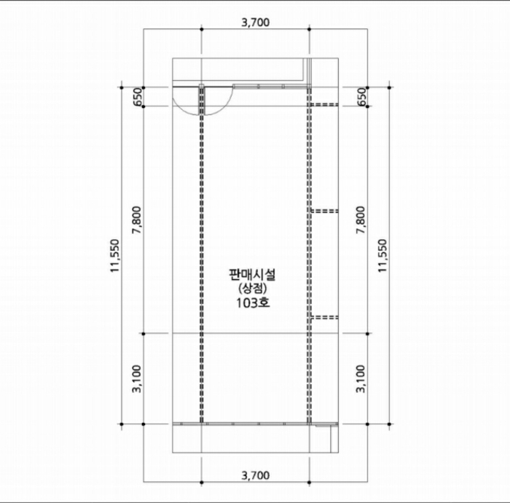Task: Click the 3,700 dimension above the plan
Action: [x=255, y=23]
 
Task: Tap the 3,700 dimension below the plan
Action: [x=255, y=476]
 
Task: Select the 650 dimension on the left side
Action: [x=138, y=97]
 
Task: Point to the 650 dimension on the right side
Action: [x=361, y=97]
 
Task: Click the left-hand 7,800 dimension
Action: [x=137, y=220]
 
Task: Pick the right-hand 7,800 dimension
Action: [x=361, y=220]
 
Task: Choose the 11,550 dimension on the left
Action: [x=115, y=256]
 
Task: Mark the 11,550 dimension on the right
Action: [x=383, y=256]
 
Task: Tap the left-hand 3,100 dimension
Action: [x=137, y=379]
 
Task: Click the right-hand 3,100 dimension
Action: [x=361, y=379]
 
